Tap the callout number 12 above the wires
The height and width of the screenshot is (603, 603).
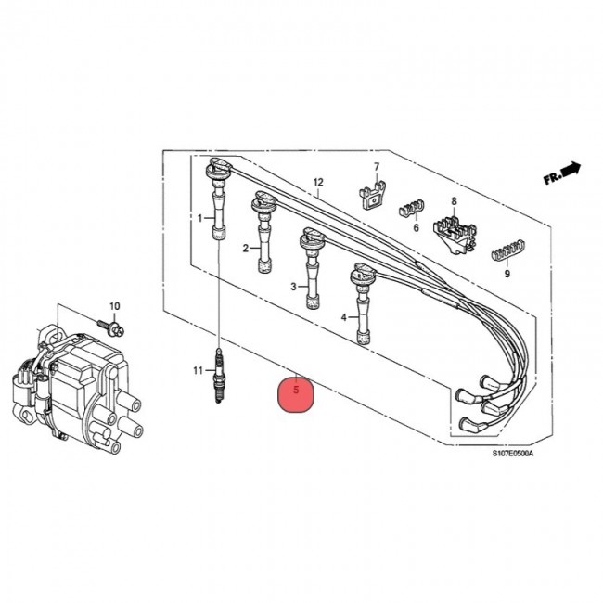(316, 182)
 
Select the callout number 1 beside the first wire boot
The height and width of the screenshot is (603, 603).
(199, 218)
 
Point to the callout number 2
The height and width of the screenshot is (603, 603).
(247, 249)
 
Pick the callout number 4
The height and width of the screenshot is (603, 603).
(343, 317)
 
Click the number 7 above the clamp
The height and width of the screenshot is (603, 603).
(377, 167)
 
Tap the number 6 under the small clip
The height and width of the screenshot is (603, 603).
(417, 227)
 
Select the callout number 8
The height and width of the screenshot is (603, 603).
(454, 201)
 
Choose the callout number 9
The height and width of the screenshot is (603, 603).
(507, 274)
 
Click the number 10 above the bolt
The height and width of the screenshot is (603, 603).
(115, 306)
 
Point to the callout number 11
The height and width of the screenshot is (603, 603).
(198, 371)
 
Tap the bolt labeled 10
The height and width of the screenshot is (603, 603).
(110, 326)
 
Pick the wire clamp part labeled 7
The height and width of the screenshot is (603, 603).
(373, 195)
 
